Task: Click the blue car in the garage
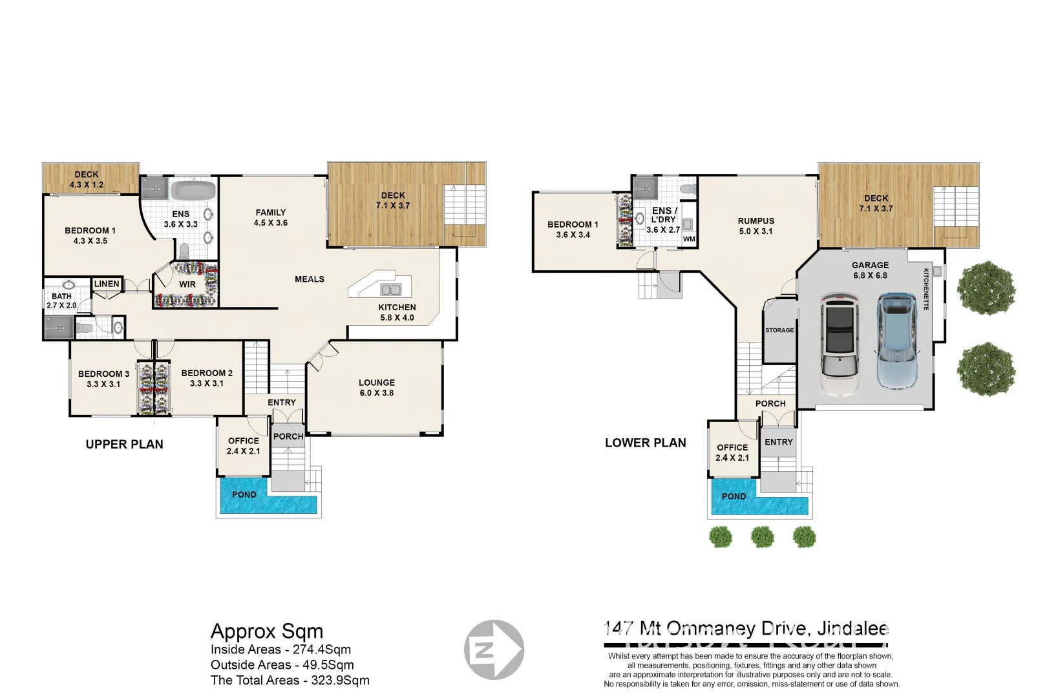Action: (897, 341)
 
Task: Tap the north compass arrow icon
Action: (494, 649)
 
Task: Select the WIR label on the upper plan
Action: (187, 284)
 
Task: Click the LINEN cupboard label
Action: (107, 284)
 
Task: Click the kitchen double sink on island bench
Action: (390, 289)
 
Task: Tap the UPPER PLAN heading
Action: (124, 445)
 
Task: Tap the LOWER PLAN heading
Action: (645, 443)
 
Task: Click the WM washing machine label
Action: (689, 239)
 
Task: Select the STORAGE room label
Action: (779, 330)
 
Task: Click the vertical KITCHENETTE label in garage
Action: (926, 289)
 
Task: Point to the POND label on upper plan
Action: (244, 494)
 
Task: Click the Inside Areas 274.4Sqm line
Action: (280, 650)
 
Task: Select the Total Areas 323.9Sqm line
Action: (290, 680)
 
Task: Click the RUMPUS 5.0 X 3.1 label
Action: (756, 226)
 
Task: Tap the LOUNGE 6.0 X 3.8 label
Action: (376, 388)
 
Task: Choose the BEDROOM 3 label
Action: (103, 379)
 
